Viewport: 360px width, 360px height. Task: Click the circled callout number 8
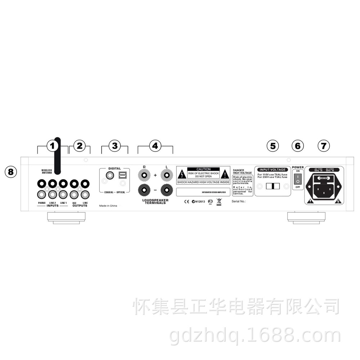coord(11,172)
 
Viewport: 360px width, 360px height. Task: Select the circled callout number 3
coord(114,146)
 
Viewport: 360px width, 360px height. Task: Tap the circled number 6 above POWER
coord(297,146)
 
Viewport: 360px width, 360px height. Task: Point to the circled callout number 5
coord(273,146)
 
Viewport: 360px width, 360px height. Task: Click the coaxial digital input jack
coord(108,175)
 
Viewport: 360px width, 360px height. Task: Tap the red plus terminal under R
coord(144,175)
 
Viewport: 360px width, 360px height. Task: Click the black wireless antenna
coord(57,155)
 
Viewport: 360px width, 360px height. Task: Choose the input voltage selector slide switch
coord(273,186)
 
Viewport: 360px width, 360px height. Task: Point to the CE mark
coord(186,202)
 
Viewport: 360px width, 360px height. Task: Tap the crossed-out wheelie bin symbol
coord(219,202)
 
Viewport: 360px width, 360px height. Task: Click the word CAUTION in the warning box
coord(203,169)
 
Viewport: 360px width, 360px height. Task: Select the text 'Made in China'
coord(108,206)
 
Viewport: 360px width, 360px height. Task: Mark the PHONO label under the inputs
coord(42,203)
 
